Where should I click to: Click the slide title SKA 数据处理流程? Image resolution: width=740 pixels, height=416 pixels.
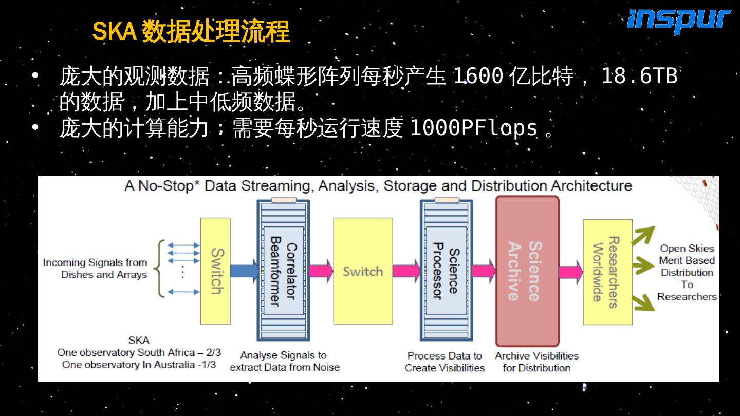pos(191,32)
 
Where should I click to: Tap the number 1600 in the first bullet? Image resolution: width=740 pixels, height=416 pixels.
pos(477,77)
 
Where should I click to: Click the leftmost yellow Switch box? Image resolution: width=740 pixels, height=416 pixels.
pos(215,271)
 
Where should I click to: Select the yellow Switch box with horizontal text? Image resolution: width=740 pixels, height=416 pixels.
pos(363,271)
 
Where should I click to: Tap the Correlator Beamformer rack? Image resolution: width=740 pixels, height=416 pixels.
pos(283,271)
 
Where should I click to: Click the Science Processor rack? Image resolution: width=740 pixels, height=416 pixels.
pos(446,271)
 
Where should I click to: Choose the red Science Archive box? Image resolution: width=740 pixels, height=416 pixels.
pos(527,271)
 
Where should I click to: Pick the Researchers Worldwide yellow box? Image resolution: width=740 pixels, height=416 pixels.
pos(607,272)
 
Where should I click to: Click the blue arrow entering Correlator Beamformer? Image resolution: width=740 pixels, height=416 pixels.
pos(244,271)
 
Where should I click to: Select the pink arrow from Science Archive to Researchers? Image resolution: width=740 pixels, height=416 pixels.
pos(570,271)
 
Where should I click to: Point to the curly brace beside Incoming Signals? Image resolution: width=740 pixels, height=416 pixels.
pos(161,269)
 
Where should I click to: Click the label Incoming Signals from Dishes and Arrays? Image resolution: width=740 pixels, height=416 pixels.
pos(95,269)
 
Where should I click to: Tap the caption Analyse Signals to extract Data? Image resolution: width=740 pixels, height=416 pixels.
pos(284,361)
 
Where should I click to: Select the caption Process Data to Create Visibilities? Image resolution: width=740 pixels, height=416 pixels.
pos(445,362)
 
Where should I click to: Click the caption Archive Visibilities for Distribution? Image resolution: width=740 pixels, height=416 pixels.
pos(536,362)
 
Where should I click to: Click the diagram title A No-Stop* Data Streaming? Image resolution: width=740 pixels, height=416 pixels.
pos(378,185)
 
